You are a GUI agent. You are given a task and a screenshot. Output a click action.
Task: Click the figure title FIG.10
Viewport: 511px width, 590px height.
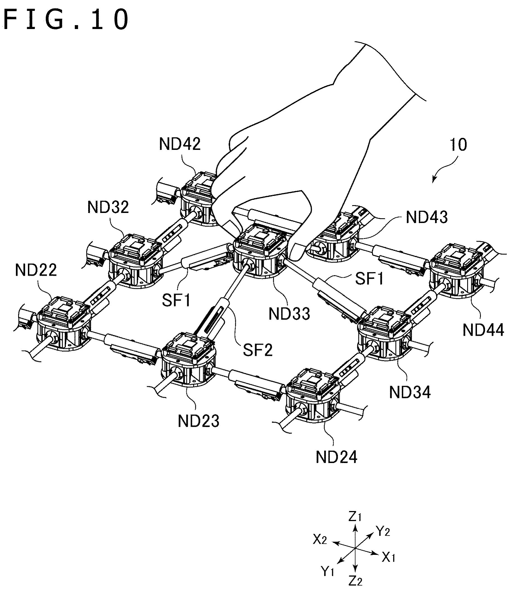pyautogui.click(x=66, y=19)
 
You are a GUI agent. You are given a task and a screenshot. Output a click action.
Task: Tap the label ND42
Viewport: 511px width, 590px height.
pyautogui.click(x=180, y=144)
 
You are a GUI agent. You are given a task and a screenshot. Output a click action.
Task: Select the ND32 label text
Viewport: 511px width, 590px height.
pyautogui.click(x=108, y=207)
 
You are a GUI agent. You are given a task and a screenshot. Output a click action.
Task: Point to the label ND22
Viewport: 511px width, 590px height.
pyautogui.click(x=36, y=270)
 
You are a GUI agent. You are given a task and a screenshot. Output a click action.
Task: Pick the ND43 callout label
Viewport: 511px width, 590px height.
pyautogui.click(x=427, y=217)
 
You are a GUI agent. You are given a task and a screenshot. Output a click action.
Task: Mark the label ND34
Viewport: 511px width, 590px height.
pyautogui.click(x=410, y=392)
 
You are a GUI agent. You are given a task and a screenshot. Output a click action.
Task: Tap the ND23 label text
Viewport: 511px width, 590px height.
pyautogui.click(x=198, y=421)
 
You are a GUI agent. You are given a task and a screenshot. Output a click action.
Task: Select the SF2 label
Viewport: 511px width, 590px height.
pyautogui.click(x=258, y=350)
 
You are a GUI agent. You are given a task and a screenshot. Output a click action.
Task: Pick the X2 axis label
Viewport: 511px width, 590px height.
pyautogui.click(x=320, y=540)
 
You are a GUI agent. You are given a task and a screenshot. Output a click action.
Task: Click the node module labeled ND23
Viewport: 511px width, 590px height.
pyautogui.click(x=188, y=362)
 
